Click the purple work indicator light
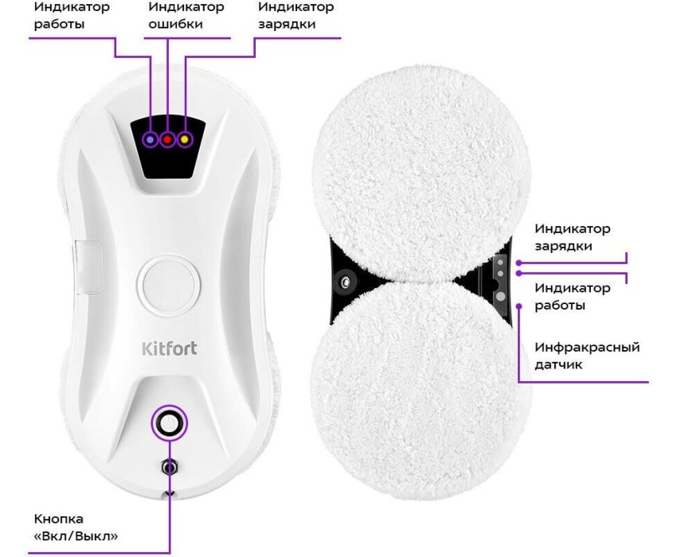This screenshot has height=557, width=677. point(151,139)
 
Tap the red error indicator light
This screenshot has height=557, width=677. point(167,139)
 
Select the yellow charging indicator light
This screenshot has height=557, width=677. point(185,139)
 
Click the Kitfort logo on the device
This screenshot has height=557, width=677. point(169,349)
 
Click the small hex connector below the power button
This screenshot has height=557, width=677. point(169,467)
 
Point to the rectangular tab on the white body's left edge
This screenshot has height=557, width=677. point(88,267)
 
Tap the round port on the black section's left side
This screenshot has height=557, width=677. point(346,282)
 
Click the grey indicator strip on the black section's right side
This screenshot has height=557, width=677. point(500,279)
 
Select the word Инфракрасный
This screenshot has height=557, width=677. point(587,347)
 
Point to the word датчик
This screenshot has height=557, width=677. point(558,364)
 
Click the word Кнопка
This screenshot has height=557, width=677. point(59,519)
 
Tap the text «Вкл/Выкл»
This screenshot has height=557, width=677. point(76,536)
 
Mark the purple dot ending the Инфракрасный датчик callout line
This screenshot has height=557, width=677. point(519,306)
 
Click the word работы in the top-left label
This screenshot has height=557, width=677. point(59,24)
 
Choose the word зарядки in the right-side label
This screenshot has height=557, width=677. point(563,247)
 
